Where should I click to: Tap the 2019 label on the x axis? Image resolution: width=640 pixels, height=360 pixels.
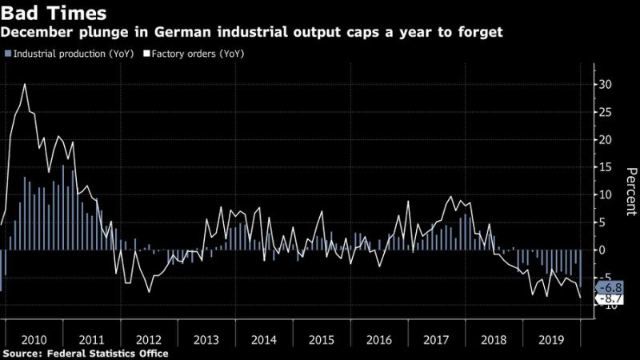(x=550, y=339)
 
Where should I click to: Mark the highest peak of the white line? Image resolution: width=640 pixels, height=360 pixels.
(x=25, y=84)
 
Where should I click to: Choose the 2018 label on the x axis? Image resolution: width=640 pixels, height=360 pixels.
(x=493, y=339)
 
